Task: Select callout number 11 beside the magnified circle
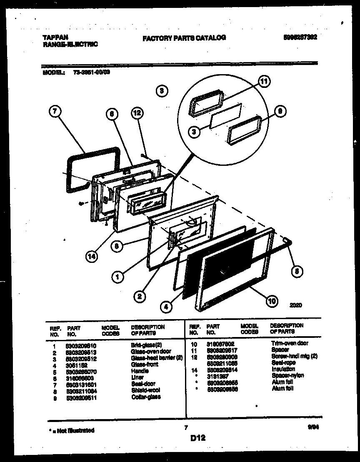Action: tap(263, 82)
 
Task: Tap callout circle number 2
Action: tap(140, 296)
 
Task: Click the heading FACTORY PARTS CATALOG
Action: tap(184, 38)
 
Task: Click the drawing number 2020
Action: tap(295, 305)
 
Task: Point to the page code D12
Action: tap(198, 438)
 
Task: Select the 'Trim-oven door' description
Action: tap(290, 343)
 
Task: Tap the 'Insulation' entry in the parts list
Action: tap(283, 369)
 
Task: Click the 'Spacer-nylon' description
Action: tap(287, 375)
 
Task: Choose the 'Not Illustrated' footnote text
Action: tap(70, 430)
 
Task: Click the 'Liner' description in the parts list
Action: tap(137, 377)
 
